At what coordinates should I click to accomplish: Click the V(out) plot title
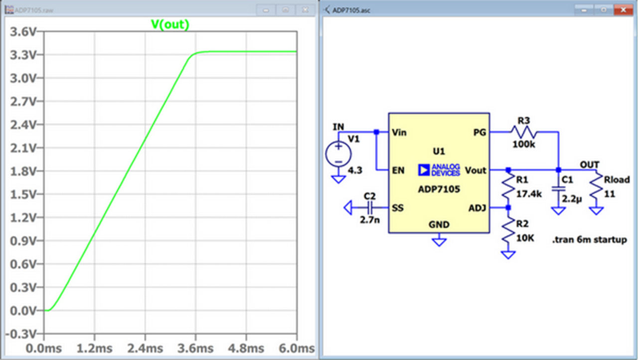point(170,24)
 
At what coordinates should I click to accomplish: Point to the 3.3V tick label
point(22,55)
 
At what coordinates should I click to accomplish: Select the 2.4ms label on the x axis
point(146,348)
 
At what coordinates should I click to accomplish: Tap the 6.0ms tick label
point(296,348)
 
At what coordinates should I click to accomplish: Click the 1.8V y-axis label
point(22,171)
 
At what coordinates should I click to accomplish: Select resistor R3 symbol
point(523,132)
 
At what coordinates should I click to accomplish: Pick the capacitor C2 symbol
point(370,207)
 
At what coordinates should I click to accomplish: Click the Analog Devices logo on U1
point(439,170)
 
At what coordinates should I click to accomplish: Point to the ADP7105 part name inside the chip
point(439,189)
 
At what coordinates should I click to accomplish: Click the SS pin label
point(398,207)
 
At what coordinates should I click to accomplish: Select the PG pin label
point(479,132)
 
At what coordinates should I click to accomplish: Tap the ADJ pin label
point(478,207)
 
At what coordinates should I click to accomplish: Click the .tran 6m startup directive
point(589,240)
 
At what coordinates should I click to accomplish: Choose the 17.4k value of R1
point(529,194)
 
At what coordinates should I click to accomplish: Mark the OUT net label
point(590,165)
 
